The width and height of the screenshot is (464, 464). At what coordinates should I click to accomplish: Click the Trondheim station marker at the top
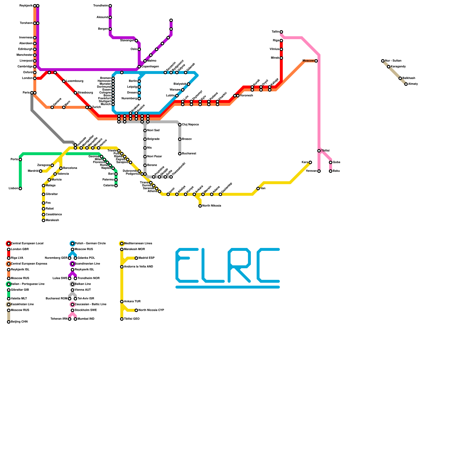click(x=110, y=6)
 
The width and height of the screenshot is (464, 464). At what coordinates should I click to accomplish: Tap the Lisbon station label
click(x=13, y=188)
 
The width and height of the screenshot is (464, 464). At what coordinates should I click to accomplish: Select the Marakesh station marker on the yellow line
click(x=43, y=220)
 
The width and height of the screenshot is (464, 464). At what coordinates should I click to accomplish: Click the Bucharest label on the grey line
click(x=189, y=154)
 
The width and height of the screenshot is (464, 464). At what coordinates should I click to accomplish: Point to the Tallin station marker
click(x=281, y=32)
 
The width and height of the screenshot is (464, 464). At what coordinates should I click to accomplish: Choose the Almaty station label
click(x=413, y=84)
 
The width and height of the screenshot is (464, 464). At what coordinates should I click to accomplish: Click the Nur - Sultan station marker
click(x=383, y=61)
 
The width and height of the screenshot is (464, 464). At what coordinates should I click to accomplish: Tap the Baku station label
click(x=336, y=171)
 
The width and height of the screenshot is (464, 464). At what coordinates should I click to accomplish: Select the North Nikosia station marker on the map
click(x=200, y=206)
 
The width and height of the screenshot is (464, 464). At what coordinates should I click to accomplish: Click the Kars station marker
click(x=310, y=162)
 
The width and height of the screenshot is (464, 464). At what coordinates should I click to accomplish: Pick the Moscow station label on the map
click(x=308, y=61)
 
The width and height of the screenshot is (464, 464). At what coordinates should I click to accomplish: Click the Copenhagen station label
click(x=150, y=67)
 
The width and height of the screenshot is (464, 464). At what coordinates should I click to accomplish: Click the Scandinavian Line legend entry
click(x=87, y=264)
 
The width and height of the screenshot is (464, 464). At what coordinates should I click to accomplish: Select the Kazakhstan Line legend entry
click(x=22, y=304)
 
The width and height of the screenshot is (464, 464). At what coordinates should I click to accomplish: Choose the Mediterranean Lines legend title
click(x=138, y=244)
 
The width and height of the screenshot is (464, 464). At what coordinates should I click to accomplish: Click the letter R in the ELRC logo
click(x=239, y=265)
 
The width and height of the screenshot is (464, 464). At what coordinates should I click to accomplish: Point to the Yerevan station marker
click(x=319, y=171)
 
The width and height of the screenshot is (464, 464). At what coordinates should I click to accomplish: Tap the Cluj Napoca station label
click(x=190, y=125)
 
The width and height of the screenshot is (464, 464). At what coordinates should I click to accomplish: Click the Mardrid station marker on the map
click(x=41, y=171)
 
